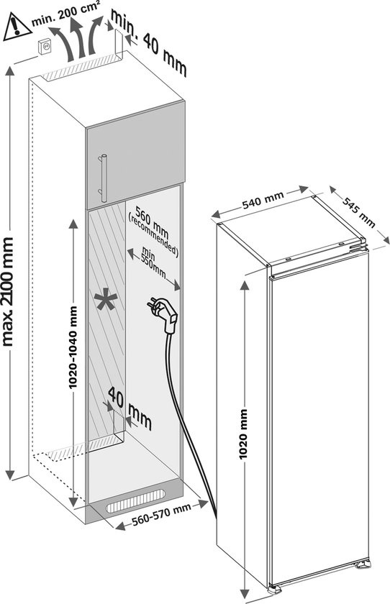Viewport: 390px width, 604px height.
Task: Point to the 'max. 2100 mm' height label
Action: tap(9, 291)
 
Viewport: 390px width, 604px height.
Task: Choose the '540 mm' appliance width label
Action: tap(261, 202)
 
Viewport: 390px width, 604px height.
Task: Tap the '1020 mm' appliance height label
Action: tap(245, 436)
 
